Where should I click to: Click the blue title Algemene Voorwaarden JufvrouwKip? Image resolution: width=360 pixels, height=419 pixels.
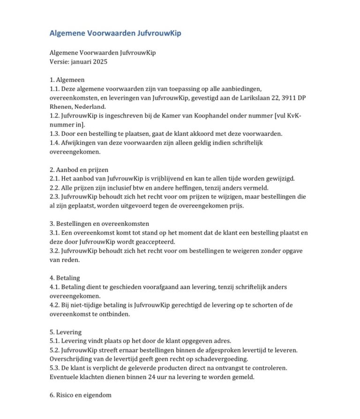coord(115,33)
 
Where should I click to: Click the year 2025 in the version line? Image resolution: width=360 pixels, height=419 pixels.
coord(99,62)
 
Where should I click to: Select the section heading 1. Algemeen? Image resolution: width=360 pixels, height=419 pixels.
coord(67,80)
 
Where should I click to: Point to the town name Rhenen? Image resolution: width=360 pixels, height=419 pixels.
coord(61,106)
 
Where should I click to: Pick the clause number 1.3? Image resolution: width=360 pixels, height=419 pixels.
coord(55,134)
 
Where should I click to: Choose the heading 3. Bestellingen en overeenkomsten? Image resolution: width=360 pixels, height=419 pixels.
coord(99,224)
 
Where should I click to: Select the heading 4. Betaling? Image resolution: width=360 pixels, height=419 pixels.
coord(65,278)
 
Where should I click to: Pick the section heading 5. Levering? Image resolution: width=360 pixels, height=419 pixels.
coord(66,332)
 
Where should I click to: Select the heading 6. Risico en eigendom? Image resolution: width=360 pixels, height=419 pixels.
coord(81,395)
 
